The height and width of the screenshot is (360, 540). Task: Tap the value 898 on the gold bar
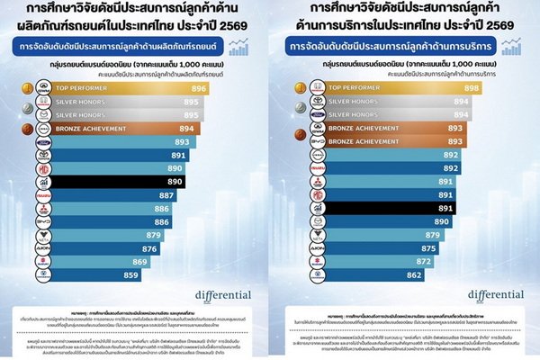[496, 89]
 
